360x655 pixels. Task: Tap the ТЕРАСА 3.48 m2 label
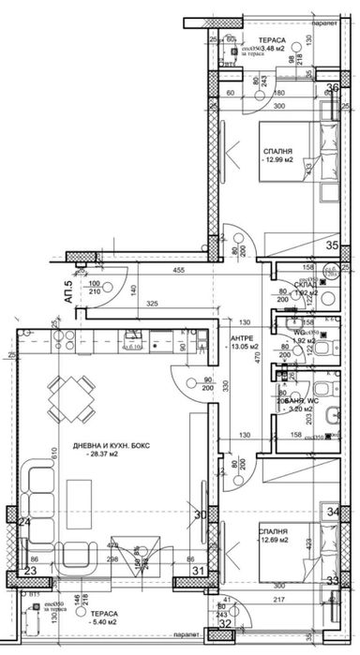click(x=273, y=43)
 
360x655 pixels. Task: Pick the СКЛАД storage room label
click(x=305, y=285)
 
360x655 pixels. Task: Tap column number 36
click(x=332, y=89)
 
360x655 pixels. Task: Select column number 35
click(x=332, y=246)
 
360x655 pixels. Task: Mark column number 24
click(x=25, y=522)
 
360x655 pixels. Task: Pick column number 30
click(x=198, y=514)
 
